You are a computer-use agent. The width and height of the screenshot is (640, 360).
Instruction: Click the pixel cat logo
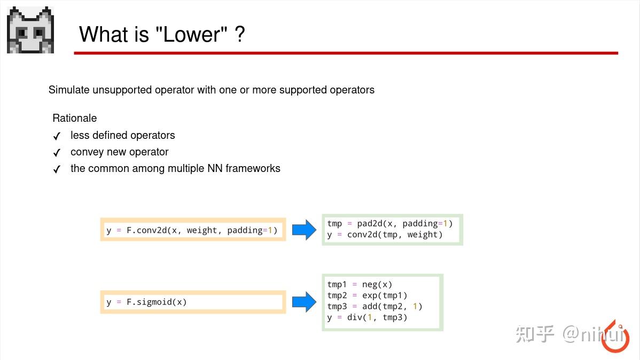[30, 30]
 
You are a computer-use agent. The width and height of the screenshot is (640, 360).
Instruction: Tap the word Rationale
[74, 118]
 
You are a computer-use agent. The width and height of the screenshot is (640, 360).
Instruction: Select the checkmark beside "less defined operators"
[57, 136]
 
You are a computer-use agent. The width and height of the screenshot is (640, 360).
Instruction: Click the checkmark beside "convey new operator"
[57, 153]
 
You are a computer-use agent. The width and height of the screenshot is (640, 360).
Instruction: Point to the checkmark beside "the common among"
[57, 169]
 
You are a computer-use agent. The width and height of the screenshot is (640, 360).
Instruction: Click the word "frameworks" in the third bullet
[253, 168]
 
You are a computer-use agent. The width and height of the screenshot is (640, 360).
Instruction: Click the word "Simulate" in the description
[69, 90]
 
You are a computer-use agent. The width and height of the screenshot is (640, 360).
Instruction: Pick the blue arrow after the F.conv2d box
[304, 230]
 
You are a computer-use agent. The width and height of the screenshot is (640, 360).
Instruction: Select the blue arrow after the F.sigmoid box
[304, 302]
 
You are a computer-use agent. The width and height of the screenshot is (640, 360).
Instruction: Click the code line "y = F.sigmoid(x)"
[146, 302]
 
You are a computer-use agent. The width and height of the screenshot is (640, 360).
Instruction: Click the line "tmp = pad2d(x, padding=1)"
[389, 224]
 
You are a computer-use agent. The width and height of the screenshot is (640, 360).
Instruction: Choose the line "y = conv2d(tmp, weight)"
[385, 234]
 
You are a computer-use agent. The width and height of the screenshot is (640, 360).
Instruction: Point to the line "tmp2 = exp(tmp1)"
[367, 295]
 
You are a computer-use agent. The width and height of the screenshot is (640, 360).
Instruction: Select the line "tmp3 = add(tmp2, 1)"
[374, 307]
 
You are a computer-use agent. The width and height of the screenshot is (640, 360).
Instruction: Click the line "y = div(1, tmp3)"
[367, 317]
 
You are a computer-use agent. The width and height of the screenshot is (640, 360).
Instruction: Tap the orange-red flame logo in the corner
[615, 338]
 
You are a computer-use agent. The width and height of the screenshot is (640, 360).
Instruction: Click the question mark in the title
[239, 35]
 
